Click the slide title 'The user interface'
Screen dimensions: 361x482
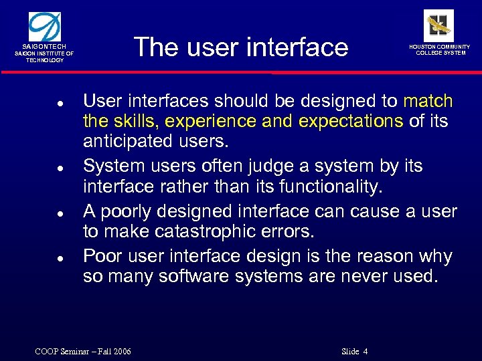(x=241, y=47)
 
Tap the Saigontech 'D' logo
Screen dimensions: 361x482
(x=46, y=25)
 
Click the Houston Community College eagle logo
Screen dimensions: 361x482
(x=438, y=25)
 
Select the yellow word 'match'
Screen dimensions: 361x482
(x=428, y=102)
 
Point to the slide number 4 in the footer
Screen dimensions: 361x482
(x=366, y=352)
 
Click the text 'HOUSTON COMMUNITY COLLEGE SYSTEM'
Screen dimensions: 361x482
(x=440, y=50)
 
